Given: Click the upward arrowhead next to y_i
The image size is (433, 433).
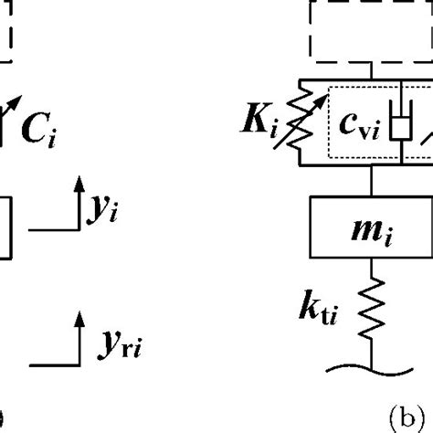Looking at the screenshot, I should coord(77,179).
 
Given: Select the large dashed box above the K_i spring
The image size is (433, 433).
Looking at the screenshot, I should coord(370,31).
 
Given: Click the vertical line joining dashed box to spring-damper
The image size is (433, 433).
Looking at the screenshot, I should coord(370,73).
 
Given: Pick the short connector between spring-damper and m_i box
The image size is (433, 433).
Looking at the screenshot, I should coord(370,180).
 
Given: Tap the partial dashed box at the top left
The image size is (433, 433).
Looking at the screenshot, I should coord(5,32).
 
